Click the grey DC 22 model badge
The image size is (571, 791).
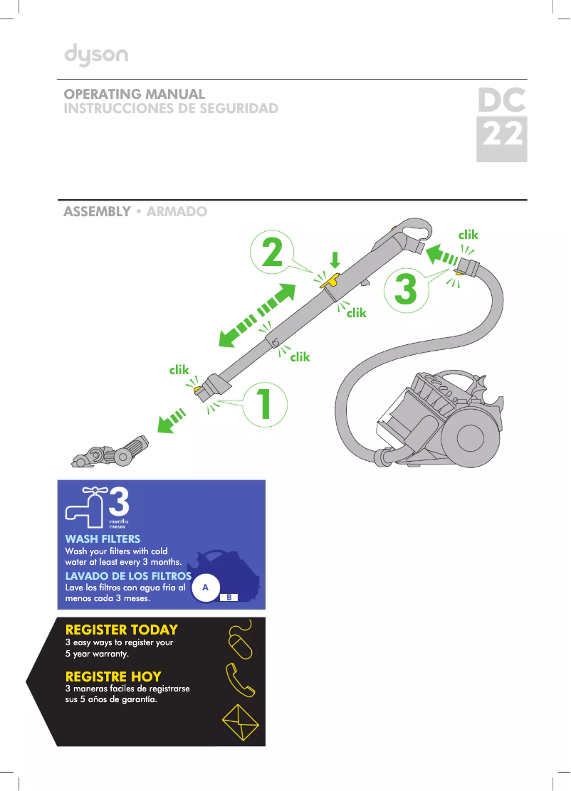tap(501, 125)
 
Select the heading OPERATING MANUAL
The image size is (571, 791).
tap(135, 94)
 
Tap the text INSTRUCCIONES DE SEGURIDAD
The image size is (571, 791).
tap(171, 109)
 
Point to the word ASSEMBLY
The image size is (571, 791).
tap(97, 212)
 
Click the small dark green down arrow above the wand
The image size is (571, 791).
tap(335, 258)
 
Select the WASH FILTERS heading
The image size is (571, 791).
tap(103, 539)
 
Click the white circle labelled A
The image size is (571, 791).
tap(205, 588)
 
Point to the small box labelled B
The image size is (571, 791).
tap(229, 598)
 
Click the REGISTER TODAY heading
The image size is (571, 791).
tap(122, 630)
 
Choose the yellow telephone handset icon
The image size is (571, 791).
tap(239, 681)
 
